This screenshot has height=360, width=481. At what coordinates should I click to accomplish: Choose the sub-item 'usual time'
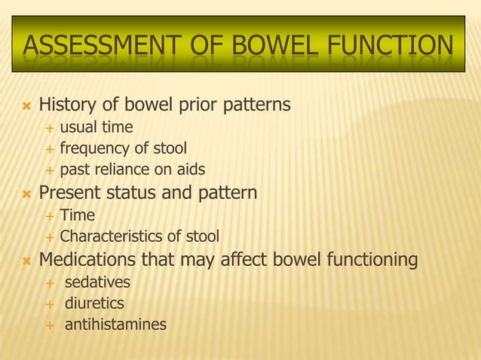[x=97, y=127]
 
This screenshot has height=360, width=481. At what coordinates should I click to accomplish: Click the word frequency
[x=97, y=148]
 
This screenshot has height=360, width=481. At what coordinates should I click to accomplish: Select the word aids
[x=189, y=169]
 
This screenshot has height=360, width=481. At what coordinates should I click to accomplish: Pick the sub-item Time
[x=77, y=215]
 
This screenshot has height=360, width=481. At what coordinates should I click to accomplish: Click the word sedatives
[x=97, y=282]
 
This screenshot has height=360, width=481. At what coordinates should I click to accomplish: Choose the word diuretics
[x=94, y=304]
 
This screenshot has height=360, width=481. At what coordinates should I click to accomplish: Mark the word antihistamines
[x=115, y=325]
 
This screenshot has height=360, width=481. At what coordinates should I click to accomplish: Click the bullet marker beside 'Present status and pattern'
[x=26, y=194]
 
